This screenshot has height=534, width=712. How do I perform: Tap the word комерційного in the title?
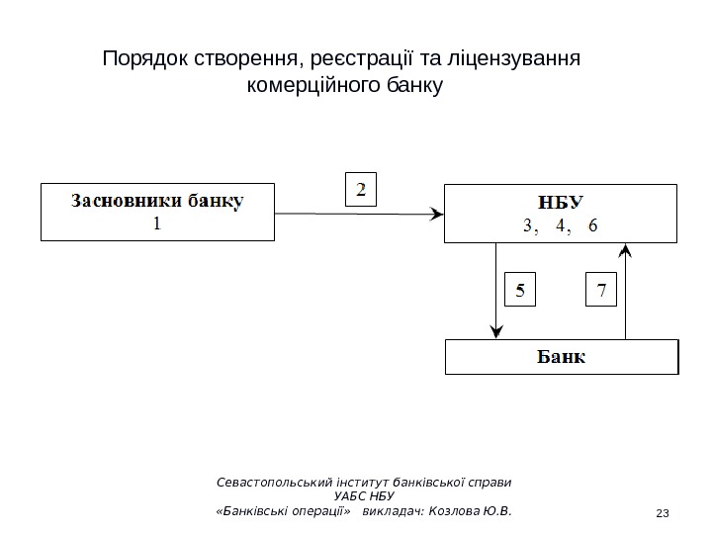tap(294, 86)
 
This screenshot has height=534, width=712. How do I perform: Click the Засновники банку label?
tap(157, 201)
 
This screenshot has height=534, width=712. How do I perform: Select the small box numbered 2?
tap(361, 190)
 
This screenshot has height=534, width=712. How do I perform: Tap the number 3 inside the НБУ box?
tap(527, 225)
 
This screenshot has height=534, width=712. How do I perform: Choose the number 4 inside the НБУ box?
tap(561, 225)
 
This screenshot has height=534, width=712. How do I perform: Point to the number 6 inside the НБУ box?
tap(592, 225)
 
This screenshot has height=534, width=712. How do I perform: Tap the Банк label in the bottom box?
tap(561, 356)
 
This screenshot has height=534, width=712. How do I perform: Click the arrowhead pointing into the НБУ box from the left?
tap(437, 213)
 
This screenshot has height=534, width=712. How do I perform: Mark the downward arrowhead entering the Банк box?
tap(494, 333)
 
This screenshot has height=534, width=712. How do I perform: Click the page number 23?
tap(663, 511)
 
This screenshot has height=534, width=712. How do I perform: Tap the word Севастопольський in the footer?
tap(276, 483)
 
